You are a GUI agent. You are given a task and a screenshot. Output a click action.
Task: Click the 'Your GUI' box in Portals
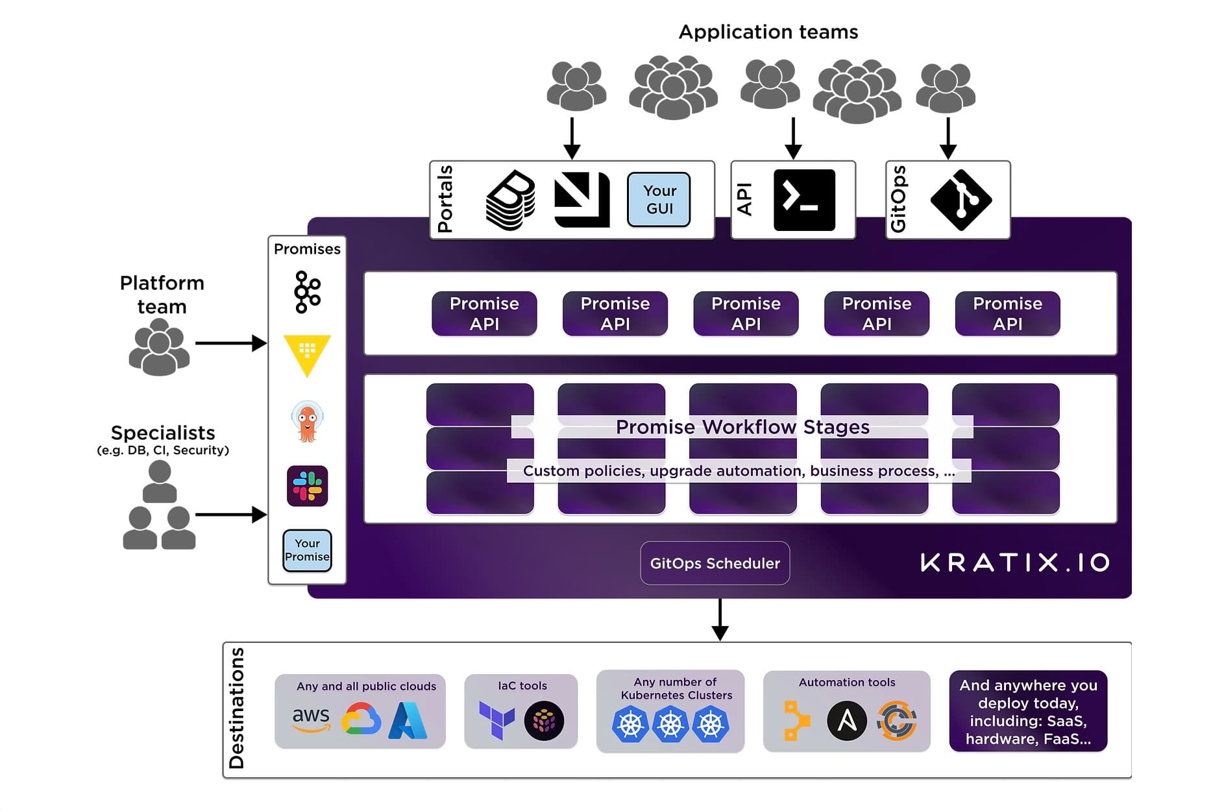pyautogui.click(x=659, y=200)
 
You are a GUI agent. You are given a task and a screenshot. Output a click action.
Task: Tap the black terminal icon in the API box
pyautogui.click(x=804, y=200)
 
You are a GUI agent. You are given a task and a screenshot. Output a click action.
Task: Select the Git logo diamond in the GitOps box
pyautogui.click(x=961, y=200)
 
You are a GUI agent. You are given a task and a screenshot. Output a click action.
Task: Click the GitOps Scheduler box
pyautogui.click(x=715, y=563)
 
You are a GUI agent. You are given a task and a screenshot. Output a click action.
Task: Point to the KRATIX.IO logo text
pyautogui.click(x=1015, y=563)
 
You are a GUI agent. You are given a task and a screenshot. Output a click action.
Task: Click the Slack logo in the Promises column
pyautogui.click(x=307, y=486)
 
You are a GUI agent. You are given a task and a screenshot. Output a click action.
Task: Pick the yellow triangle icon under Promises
pyautogui.click(x=307, y=354)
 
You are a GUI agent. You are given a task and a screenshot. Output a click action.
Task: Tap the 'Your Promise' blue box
pyautogui.click(x=307, y=550)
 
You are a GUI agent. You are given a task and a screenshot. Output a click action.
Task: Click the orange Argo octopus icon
pyautogui.click(x=307, y=421)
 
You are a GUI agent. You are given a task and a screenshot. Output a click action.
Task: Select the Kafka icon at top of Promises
pyautogui.click(x=307, y=293)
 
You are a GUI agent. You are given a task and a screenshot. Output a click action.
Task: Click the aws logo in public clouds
pyautogui.click(x=311, y=719)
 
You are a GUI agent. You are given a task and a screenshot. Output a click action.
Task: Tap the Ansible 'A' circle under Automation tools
pyautogui.click(x=846, y=720)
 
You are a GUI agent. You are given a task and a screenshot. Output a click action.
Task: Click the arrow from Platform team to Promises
pyautogui.click(x=230, y=343)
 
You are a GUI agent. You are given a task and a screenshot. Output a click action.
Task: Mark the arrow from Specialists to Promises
pyautogui.click(x=230, y=514)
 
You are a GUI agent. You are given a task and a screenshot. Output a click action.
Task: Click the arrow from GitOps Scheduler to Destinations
pyautogui.click(x=720, y=619)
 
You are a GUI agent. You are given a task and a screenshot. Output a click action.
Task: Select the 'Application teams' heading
pyautogui.click(x=768, y=32)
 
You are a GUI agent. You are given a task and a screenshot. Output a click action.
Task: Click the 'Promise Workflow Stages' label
pyautogui.click(x=742, y=427)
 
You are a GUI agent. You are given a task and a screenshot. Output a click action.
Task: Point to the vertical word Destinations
pyautogui.click(x=237, y=708)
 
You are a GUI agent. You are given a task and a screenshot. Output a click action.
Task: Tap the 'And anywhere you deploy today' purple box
pyautogui.click(x=1028, y=711)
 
